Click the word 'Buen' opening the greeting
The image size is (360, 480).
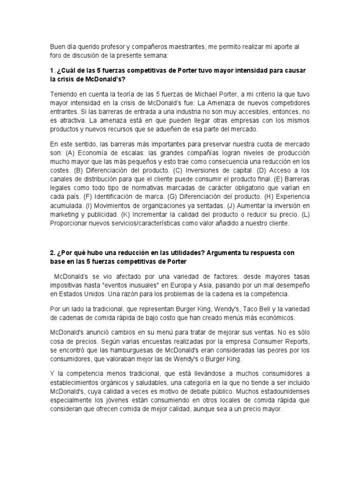pyautogui.click(x=57, y=47)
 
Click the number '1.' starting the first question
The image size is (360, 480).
pyautogui.click(x=52, y=70)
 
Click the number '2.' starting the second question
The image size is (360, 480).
pyautogui.click(x=52, y=253)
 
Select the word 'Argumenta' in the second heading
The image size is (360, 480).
pyautogui.click(x=223, y=253)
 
